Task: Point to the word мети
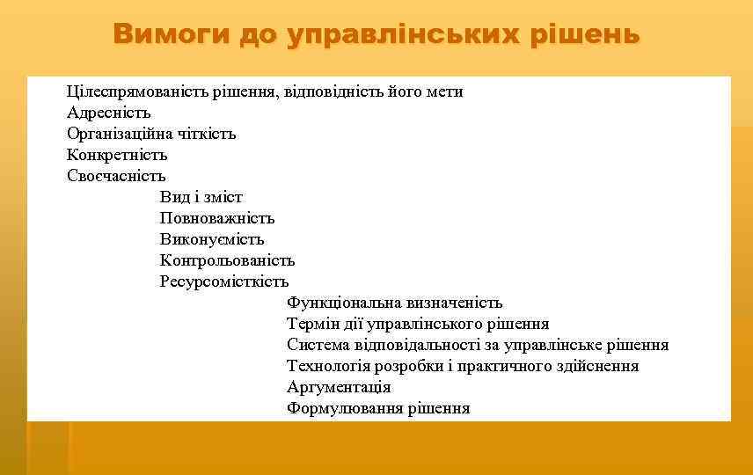click(446, 92)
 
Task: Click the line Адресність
click(109, 113)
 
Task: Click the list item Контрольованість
click(227, 261)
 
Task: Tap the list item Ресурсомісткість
click(224, 282)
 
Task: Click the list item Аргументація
click(339, 388)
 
